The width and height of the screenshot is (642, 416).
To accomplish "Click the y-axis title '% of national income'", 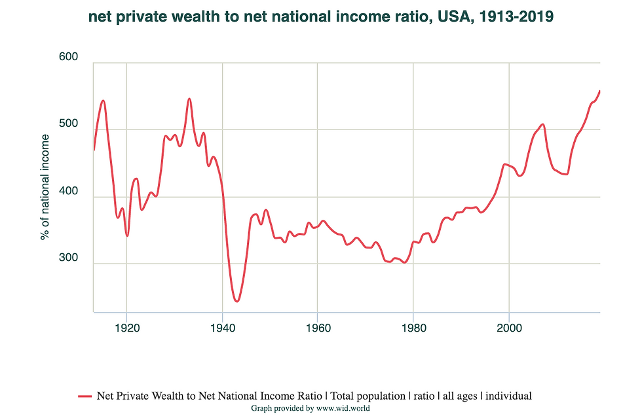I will point(45,186).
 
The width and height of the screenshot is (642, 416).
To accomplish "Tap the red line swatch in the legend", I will point(85,396).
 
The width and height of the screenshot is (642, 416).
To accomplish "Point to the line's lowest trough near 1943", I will point(236,301).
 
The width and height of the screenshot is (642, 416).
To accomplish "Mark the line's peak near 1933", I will point(189,99).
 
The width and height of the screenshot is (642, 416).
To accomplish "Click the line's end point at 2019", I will point(599,91).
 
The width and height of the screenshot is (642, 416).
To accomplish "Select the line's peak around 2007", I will point(542,124).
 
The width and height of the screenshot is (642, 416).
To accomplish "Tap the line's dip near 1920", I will point(127,235).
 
